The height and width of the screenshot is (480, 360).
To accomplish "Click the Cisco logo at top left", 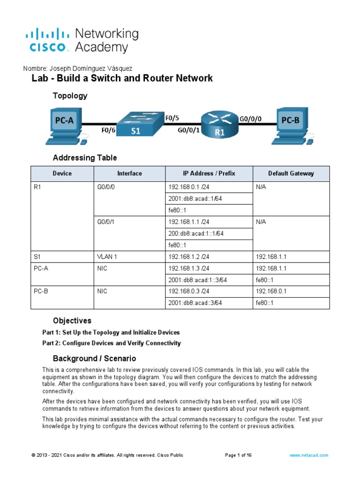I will pos(46,40).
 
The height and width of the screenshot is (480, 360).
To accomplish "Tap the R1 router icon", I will pos(220,124).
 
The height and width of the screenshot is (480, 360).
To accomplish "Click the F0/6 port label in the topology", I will pos(108,131).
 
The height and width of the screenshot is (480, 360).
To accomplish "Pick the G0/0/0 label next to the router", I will pos(251,119).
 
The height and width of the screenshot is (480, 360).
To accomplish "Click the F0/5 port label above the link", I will pos(172,119).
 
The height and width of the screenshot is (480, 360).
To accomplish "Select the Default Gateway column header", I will pos(291,173).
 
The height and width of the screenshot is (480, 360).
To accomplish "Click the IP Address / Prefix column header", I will pos(209,173).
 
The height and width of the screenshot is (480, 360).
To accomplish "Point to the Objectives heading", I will pos(72,321).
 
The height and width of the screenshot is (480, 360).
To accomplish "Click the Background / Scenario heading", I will pos(94,359).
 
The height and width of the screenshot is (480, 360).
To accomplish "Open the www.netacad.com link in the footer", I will pos(308,455).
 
